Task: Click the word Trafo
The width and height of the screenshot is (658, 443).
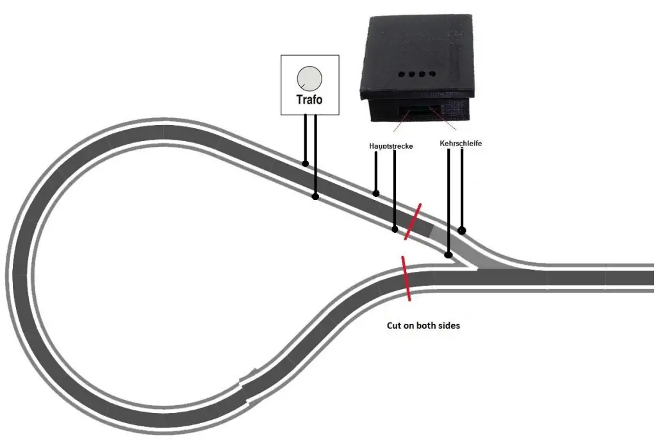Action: (309, 100)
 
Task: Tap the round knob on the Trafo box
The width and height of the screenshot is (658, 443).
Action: (309, 79)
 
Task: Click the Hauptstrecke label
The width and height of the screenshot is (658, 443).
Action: (391, 146)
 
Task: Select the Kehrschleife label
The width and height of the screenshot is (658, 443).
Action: (461, 144)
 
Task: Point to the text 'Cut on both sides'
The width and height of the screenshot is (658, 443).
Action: (423, 325)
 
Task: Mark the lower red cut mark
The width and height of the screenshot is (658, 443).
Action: (405, 278)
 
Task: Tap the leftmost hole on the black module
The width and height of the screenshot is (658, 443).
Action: (401, 74)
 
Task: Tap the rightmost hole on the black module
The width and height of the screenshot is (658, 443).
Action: (432, 74)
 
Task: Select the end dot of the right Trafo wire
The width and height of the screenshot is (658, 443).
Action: (315, 196)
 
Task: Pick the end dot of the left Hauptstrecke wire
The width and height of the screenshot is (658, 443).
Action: (376, 193)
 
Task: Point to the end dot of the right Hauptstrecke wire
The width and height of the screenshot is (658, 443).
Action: (393, 228)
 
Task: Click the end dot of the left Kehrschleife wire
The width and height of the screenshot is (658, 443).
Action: (447, 255)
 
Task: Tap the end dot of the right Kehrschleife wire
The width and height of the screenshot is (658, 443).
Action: (461, 230)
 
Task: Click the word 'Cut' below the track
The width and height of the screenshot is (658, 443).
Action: (395, 325)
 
